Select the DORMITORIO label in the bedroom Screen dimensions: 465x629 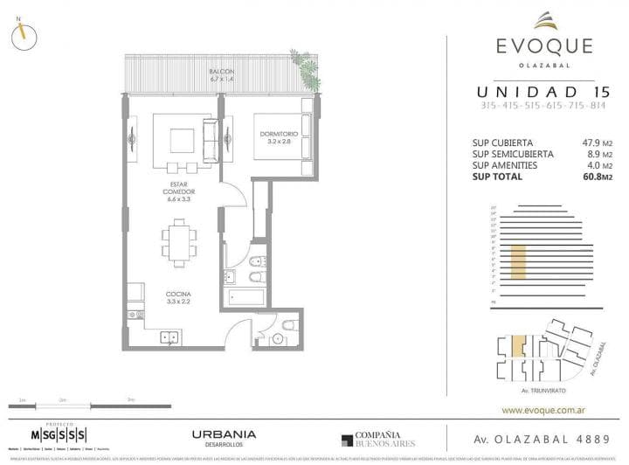pos(280,135)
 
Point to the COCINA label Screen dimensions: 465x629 pos(177,296)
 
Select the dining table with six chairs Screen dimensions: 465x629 pos(178,239)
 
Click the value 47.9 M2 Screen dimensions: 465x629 pos(575,142)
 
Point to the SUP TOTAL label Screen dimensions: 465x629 pos(498,177)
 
